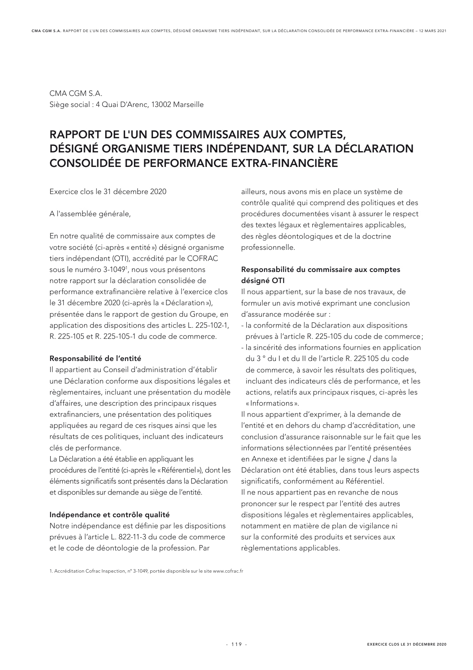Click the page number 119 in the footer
(236, 644)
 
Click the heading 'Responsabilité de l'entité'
(95, 358)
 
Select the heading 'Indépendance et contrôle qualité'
(109, 515)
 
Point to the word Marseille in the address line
(188, 104)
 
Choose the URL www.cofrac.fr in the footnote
(228, 571)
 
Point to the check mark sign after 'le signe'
(368, 459)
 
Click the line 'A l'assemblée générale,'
(90, 214)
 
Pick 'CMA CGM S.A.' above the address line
(76, 93)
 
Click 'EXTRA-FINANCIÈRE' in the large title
(285, 163)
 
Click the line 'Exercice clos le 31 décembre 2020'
(108, 191)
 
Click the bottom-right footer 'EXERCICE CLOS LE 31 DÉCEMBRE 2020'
(406, 644)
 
